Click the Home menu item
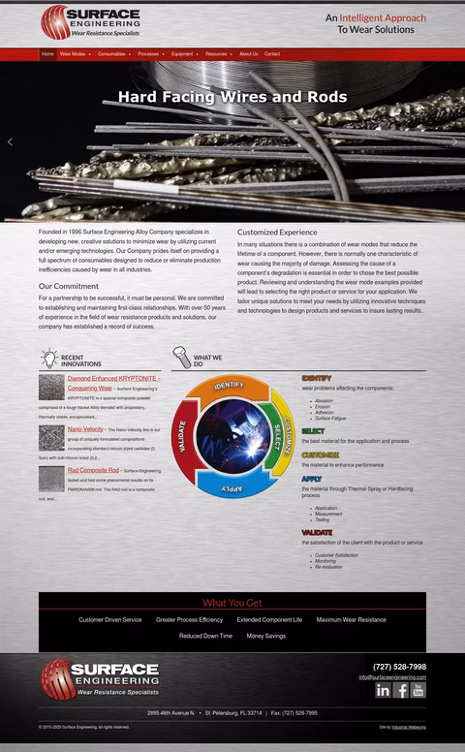click(47, 54)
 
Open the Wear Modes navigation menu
click(74, 54)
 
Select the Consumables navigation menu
click(112, 54)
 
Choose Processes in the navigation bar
click(149, 54)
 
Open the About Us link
click(249, 54)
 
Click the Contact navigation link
click(272, 54)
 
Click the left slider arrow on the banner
click(11, 141)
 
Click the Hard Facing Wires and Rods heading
click(232, 97)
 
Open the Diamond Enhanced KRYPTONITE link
click(112, 378)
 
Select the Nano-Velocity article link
click(85, 428)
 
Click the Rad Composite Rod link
click(93, 470)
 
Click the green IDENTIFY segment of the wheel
click(229, 388)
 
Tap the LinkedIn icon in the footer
click(383, 690)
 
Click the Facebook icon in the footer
click(401, 690)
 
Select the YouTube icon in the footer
click(418, 690)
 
